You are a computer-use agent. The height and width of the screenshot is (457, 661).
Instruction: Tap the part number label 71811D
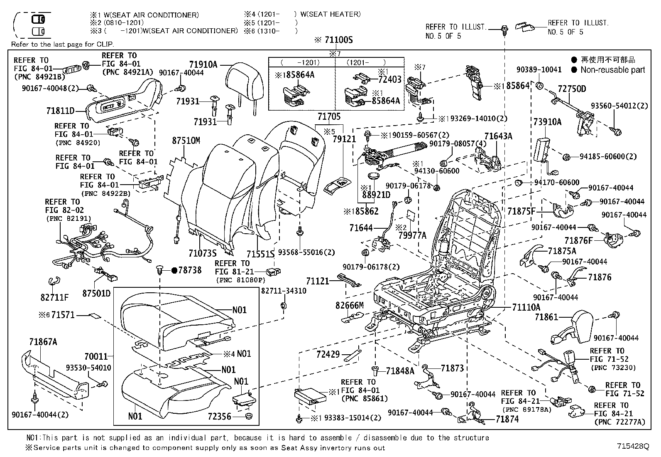[x=60, y=111]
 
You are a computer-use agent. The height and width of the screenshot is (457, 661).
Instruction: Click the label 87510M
[x=186, y=141]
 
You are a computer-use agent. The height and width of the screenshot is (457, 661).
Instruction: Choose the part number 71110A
[x=526, y=307]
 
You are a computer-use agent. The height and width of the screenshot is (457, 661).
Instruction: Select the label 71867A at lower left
[x=43, y=342]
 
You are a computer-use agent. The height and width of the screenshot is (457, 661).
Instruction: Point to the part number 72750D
[x=572, y=89]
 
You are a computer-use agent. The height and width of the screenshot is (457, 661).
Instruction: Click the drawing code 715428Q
[x=632, y=446]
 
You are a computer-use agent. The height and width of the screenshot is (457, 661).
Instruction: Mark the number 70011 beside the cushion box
[x=96, y=356]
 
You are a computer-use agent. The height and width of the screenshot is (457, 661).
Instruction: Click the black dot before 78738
[x=174, y=270]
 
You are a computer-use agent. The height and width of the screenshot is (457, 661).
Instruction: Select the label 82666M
[x=349, y=306]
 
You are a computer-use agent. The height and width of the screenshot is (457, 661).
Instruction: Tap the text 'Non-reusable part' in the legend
[x=613, y=70]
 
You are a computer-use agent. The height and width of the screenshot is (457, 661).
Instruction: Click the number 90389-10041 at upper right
[x=539, y=69]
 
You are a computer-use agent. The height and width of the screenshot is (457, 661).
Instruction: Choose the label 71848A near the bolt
[x=400, y=371]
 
